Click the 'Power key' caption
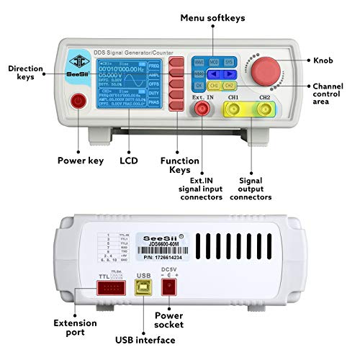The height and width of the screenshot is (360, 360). (78, 161)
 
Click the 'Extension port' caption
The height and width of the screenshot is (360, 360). (75, 328)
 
